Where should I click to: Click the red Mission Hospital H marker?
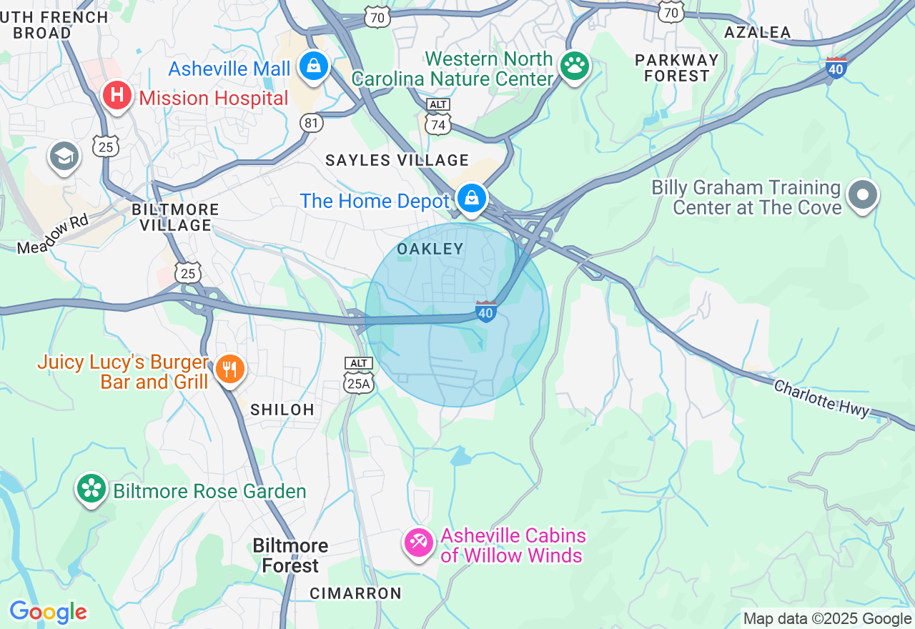coord(116,95)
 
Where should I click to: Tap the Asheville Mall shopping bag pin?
coord(313,66)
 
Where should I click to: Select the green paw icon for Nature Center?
coord(574,66)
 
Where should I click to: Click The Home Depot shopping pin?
coord(471,198)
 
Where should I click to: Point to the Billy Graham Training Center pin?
coord(862,194)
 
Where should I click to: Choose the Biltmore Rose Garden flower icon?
coord(91,489)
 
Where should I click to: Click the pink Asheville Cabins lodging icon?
coord(418,543)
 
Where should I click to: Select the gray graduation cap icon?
coord(64,157)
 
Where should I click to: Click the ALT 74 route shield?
coord(438,118)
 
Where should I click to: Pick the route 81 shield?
coord(312,123)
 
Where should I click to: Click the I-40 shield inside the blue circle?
coord(486,312)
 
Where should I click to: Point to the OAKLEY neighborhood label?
coord(430,249)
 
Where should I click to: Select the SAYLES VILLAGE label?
coord(397,160)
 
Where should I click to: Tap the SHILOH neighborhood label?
coord(282,410)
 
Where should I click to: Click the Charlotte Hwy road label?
coord(822,398)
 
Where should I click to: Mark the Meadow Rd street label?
coord(53,234)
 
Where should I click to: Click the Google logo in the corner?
coord(48,612)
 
